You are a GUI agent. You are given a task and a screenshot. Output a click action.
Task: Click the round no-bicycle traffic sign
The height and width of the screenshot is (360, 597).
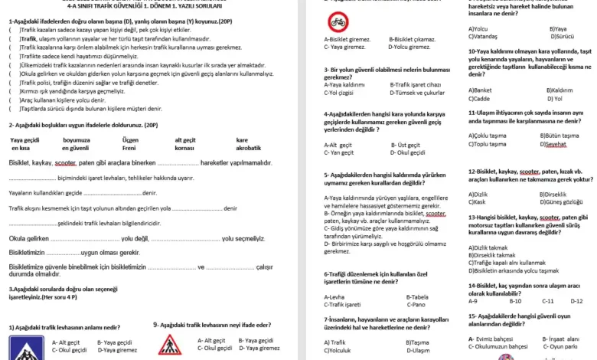point(336,21)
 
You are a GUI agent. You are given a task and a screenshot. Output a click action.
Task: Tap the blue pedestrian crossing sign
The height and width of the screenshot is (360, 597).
point(28,347)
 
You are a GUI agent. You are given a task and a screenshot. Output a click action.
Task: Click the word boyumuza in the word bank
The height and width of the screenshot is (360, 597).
point(77,140)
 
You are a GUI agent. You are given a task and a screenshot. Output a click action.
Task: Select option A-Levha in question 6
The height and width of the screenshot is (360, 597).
point(334,296)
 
